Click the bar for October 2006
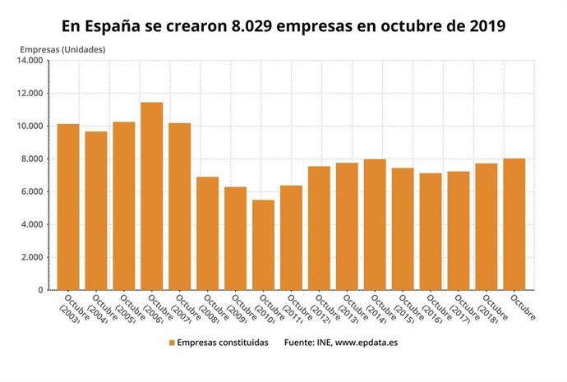[152, 196]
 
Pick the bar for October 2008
[207, 233]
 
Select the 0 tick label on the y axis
[39, 291]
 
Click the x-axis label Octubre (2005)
[122, 310]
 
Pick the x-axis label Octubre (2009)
[233, 310]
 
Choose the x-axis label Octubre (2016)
[428, 310]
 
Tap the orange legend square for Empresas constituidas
[173, 343]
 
